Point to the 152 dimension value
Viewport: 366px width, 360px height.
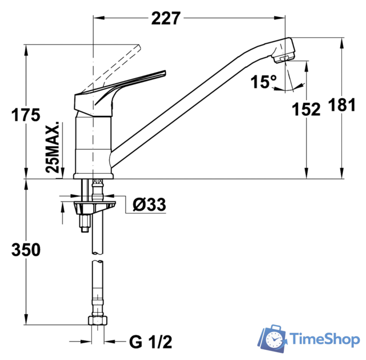306,109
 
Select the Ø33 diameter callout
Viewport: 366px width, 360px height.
149,205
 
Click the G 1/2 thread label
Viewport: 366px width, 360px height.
150,341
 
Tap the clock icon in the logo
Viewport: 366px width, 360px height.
275,340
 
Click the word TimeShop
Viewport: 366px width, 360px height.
324,339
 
